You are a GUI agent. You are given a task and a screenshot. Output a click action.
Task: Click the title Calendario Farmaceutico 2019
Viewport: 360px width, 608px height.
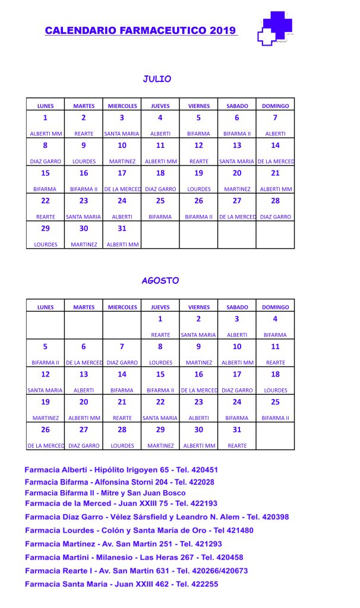click(x=140, y=30)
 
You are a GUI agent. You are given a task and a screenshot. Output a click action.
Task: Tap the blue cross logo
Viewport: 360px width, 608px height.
click(x=275, y=28)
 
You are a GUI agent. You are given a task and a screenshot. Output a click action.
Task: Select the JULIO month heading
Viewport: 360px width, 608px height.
click(x=157, y=78)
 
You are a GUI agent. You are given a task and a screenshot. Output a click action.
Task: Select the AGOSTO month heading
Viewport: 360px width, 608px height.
click(x=160, y=280)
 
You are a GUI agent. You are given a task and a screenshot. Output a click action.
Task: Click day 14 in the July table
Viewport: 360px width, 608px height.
click(x=275, y=145)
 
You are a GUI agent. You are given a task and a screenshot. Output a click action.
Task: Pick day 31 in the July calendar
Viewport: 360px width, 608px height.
click(x=122, y=229)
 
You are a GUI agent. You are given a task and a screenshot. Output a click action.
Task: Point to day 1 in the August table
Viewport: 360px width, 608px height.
click(x=160, y=319)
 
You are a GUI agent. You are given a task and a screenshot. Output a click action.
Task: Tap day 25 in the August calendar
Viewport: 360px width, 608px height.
click(x=275, y=402)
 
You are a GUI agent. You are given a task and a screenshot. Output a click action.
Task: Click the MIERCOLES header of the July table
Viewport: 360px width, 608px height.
click(x=122, y=106)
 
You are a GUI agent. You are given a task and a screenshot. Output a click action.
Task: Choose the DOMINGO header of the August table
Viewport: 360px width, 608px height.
click(x=275, y=307)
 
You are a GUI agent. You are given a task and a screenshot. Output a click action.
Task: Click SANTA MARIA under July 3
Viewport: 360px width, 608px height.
click(x=122, y=134)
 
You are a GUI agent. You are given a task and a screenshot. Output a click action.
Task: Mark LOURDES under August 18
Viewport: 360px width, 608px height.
click(x=275, y=390)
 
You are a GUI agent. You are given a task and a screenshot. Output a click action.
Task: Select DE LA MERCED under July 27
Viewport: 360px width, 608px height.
click(x=237, y=217)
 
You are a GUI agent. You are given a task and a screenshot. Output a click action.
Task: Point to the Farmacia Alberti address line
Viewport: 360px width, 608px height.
click(x=121, y=470)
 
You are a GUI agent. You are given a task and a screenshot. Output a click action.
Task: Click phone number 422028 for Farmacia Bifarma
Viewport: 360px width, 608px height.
click(x=200, y=482)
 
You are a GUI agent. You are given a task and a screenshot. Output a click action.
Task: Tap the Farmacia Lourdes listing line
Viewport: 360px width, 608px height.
click(x=139, y=530)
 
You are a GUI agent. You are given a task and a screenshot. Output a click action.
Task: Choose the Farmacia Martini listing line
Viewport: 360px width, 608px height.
click(x=134, y=557)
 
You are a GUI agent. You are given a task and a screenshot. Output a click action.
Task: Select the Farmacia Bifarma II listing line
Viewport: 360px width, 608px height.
click(x=105, y=493)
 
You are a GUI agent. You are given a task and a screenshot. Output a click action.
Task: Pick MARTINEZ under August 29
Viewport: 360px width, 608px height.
click(x=160, y=445)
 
